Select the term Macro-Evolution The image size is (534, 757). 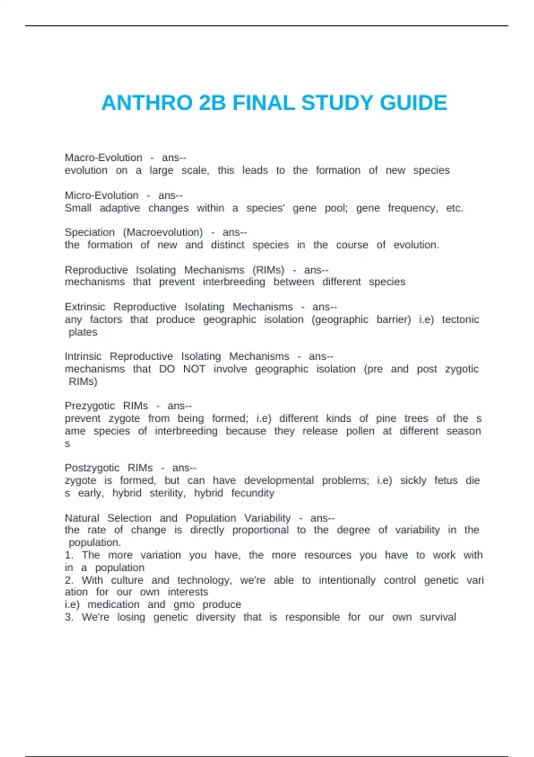pyautogui.click(x=103, y=158)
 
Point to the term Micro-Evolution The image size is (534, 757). pyautogui.click(x=101, y=195)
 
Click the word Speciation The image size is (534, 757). pyautogui.click(x=89, y=232)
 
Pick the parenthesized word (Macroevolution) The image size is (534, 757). pyautogui.click(x=163, y=232)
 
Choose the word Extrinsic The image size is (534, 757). pyautogui.click(x=85, y=307)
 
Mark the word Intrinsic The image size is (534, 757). pyautogui.click(x=83, y=356)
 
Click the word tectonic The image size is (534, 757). pyautogui.click(x=460, y=319)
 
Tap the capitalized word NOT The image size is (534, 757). pyautogui.click(x=194, y=369)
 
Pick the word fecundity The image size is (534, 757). pyautogui.click(x=253, y=493)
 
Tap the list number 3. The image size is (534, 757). pyautogui.click(x=69, y=617)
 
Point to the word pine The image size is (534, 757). pyautogui.click(x=386, y=419)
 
